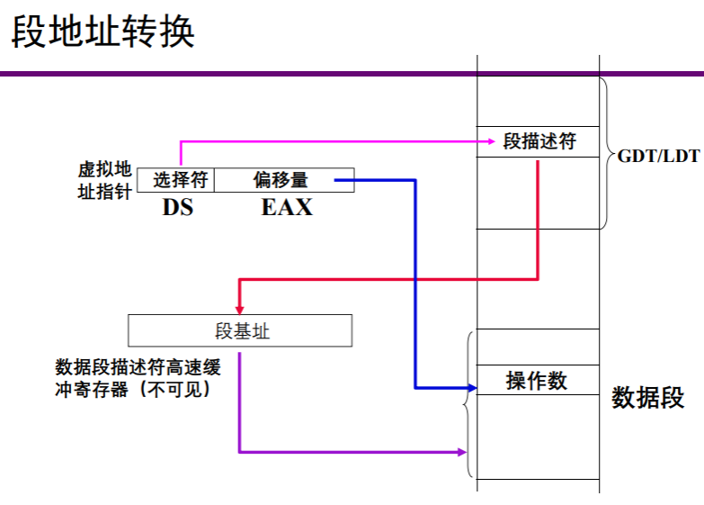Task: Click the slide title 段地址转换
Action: (x=102, y=33)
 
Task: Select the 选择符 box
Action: (x=180, y=180)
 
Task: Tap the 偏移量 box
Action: (x=281, y=180)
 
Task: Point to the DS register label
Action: (x=178, y=207)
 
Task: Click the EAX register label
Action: (x=287, y=207)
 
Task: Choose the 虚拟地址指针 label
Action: (x=104, y=180)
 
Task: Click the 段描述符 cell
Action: (x=538, y=142)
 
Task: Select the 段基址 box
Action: (x=241, y=331)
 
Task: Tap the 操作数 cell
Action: (x=537, y=380)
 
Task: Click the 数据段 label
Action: (x=648, y=397)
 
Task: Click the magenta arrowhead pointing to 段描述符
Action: (x=490, y=141)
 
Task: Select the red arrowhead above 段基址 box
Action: (x=240, y=306)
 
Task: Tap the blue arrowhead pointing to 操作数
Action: (x=471, y=388)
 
